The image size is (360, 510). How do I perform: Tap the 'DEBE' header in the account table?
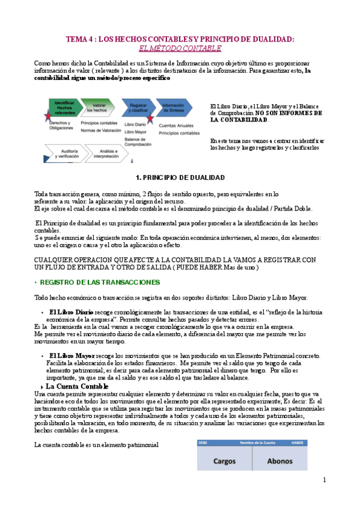(x=204, y=443)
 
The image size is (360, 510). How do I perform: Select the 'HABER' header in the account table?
(x=296, y=443)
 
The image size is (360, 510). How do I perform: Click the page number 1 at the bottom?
(x=324, y=479)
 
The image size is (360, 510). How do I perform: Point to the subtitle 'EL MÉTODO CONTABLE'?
(x=180, y=48)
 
